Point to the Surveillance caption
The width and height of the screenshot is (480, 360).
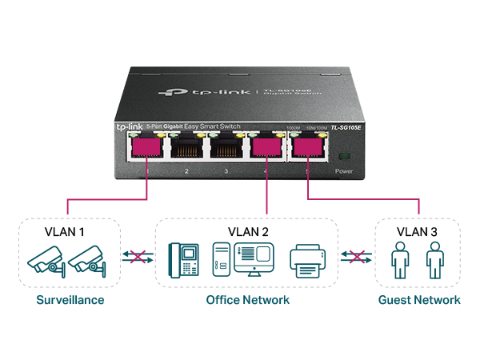click(70, 300)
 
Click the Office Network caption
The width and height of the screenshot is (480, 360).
click(247, 300)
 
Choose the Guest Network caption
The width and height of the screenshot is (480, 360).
click(419, 300)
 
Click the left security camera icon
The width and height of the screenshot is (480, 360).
click(45, 262)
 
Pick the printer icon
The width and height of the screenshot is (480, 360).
click(308, 261)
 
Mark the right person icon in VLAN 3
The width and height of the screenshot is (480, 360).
click(434, 261)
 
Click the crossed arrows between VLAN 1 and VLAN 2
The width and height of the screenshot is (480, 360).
click(137, 257)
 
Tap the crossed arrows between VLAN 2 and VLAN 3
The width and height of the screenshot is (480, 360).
click(357, 257)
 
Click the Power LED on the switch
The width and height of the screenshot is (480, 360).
click(343, 154)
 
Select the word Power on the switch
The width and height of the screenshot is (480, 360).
click(343, 171)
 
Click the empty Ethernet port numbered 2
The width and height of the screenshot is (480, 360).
click(186, 149)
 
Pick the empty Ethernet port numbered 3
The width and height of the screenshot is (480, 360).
click(226, 149)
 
